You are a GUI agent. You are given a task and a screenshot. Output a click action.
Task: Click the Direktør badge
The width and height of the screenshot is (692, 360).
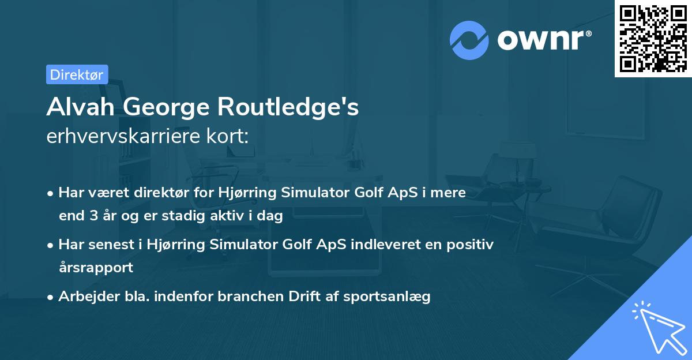[77, 74]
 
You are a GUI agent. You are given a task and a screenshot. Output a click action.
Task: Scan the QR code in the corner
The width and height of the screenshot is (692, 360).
[653, 39]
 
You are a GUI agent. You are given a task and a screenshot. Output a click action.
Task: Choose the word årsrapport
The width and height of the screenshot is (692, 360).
[96, 268]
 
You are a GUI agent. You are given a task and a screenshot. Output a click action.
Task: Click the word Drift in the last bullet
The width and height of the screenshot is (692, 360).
[291, 297]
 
